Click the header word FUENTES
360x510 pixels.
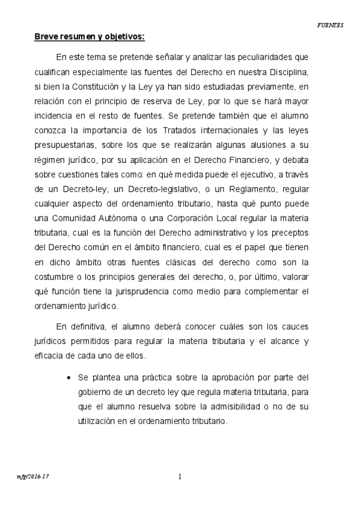330,25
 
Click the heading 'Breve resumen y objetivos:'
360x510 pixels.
89,37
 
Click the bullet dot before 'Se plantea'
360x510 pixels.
70,378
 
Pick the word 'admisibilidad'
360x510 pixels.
233,407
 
